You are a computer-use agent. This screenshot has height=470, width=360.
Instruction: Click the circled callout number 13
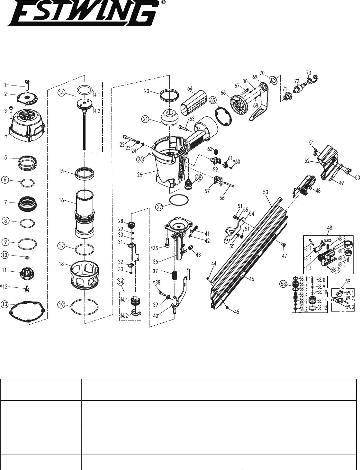[5, 304]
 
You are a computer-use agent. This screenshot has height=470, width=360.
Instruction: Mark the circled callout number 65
[213, 100]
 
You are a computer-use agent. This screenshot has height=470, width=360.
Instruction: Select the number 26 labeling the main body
[140, 174]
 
